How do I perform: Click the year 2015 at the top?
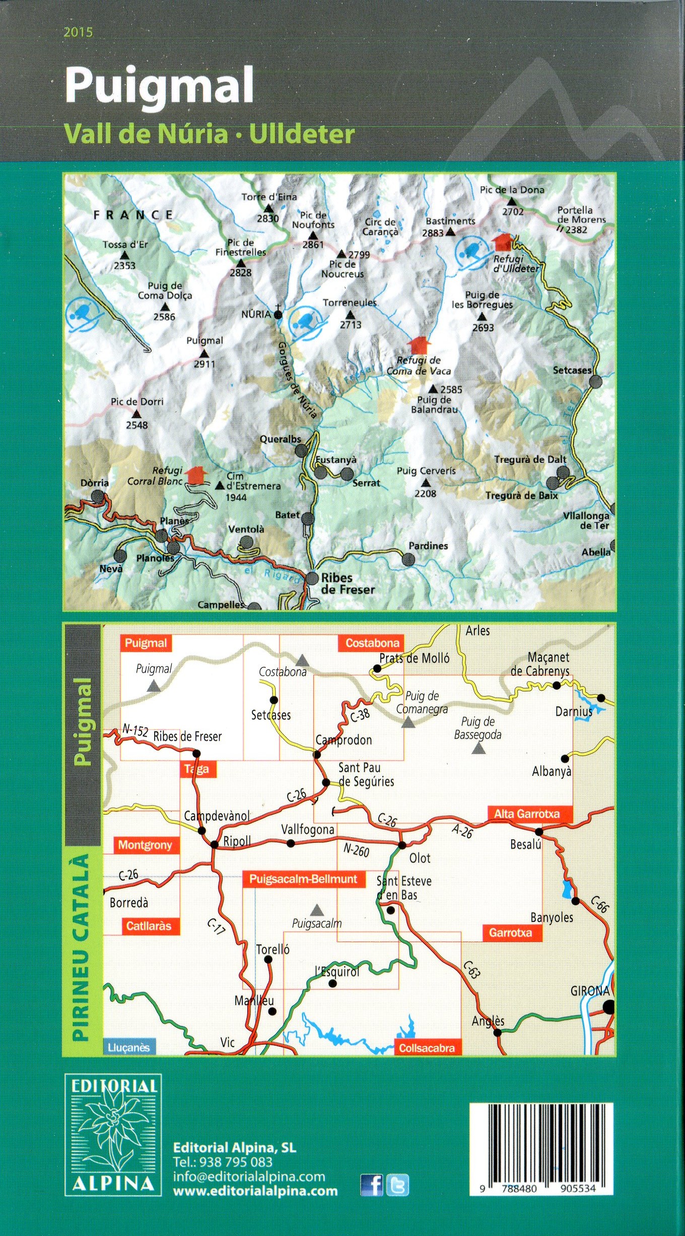78,33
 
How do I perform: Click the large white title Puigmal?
159,87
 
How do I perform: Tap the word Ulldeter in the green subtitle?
302,134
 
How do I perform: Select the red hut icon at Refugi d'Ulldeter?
503,242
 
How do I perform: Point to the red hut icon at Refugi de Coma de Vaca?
419,345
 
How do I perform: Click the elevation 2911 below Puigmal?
204,364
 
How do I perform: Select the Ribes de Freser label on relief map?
348,584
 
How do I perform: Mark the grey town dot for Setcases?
595,381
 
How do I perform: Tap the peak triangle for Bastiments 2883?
451,232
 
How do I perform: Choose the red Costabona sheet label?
372,643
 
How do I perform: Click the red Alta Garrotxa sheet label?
526,814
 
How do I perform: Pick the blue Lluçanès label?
129,1047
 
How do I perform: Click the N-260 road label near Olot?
356,850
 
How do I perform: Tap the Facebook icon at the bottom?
371,1185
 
